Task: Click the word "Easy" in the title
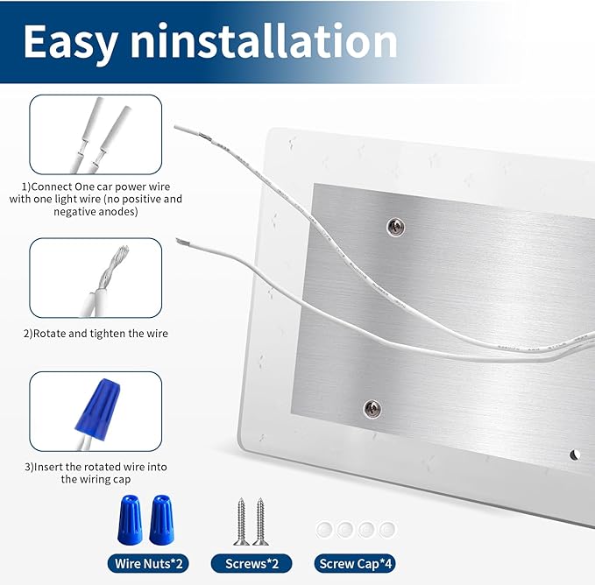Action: point(70,42)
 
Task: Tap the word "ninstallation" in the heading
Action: point(264,40)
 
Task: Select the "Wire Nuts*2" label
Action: point(148,564)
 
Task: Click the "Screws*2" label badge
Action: point(251,564)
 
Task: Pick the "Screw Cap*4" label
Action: point(355,564)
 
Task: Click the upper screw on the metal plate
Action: point(395,227)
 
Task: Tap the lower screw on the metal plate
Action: point(372,409)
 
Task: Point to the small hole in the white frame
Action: point(575,455)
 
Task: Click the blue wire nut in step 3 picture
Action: point(97,409)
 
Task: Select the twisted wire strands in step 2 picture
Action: point(113,268)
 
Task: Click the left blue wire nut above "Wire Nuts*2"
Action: point(130,519)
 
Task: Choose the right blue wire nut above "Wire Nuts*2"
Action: point(161,519)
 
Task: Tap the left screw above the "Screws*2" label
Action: point(241,522)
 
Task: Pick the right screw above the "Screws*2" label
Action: point(260,522)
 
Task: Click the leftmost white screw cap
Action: point(324,529)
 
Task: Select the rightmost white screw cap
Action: point(387,529)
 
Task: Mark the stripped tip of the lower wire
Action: point(181,242)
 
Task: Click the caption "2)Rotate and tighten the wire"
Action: point(96,334)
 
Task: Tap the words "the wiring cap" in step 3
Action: point(96,479)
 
